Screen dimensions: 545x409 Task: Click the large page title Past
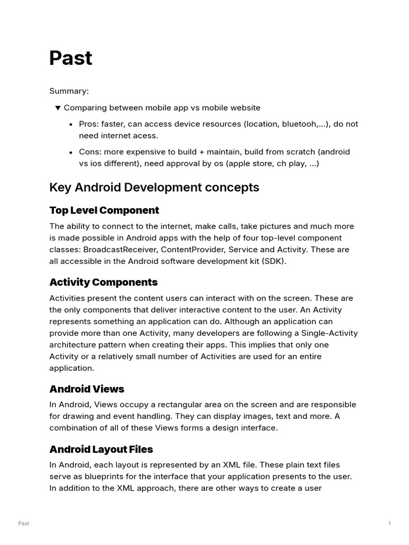[x=71, y=58]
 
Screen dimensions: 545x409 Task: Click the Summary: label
[x=69, y=91]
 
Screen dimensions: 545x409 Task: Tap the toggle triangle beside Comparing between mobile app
[x=58, y=108]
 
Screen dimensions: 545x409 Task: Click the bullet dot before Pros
[x=71, y=125]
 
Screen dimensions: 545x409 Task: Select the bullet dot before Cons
[x=71, y=152]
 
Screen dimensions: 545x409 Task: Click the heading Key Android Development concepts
[x=154, y=187]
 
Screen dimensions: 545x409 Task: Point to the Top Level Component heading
[x=104, y=210]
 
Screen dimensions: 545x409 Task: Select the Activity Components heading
[x=103, y=282]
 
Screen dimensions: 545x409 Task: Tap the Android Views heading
[x=87, y=389]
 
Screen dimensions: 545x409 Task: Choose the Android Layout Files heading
[x=101, y=450]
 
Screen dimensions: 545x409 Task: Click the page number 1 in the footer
[x=390, y=524]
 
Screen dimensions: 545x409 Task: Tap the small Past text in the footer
[x=23, y=524]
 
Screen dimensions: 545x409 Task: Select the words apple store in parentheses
[x=250, y=163]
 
